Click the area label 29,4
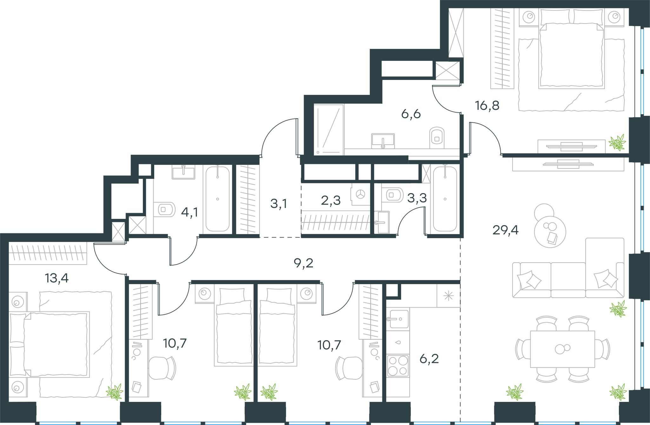click(x=505, y=230)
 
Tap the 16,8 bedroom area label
click(x=487, y=106)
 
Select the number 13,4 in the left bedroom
click(x=57, y=278)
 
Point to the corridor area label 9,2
click(x=303, y=263)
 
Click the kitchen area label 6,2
click(x=429, y=359)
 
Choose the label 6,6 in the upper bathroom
click(x=411, y=114)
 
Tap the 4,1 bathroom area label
click(x=189, y=212)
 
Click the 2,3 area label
click(x=331, y=200)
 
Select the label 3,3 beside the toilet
click(x=417, y=198)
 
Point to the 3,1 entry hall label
click(x=279, y=204)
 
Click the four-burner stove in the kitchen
click(x=398, y=365)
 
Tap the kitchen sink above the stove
click(x=398, y=319)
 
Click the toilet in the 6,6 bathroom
click(x=437, y=138)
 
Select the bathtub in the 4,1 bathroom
click(x=217, y=199)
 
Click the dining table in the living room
click(x=562, y=349)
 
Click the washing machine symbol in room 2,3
click(x=361, y=194)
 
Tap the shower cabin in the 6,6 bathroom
click(x=329, y=129)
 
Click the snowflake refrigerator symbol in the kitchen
click(x=448, y=296)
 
